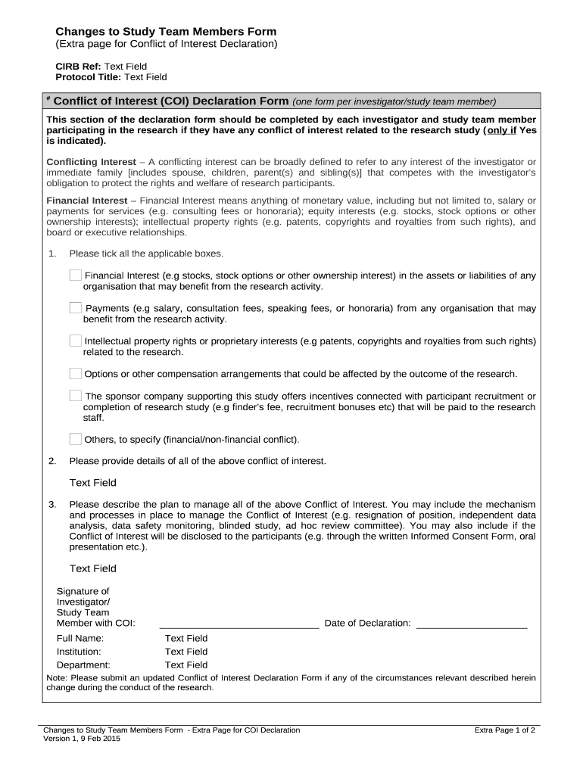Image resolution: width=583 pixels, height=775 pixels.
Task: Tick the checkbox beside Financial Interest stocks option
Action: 76,275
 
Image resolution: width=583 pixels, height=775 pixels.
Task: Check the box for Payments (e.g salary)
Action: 76,307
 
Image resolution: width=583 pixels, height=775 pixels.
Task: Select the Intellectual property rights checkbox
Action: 76,341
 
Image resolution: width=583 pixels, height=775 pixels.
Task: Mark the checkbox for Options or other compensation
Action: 76,373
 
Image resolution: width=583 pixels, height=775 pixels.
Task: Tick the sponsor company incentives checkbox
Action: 76,395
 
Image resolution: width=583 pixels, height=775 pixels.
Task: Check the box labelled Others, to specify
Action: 76,439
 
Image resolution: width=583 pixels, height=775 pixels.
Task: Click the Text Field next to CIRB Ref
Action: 125,66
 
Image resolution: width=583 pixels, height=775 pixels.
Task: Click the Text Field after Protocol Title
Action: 145,77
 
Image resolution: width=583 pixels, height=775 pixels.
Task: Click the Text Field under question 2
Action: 93,483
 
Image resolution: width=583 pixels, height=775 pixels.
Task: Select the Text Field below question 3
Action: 93,568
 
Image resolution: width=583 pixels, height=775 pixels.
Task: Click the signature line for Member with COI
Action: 238,624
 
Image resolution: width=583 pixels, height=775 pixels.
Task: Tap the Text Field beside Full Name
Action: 186,638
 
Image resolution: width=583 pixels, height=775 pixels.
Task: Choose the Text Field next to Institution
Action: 186,652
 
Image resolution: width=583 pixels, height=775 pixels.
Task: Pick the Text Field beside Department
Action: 186,665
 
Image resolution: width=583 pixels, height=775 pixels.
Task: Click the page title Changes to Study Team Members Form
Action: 166,32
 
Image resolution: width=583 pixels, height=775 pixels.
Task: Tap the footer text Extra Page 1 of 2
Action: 504,730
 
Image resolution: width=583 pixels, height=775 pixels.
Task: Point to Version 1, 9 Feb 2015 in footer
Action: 82,739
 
